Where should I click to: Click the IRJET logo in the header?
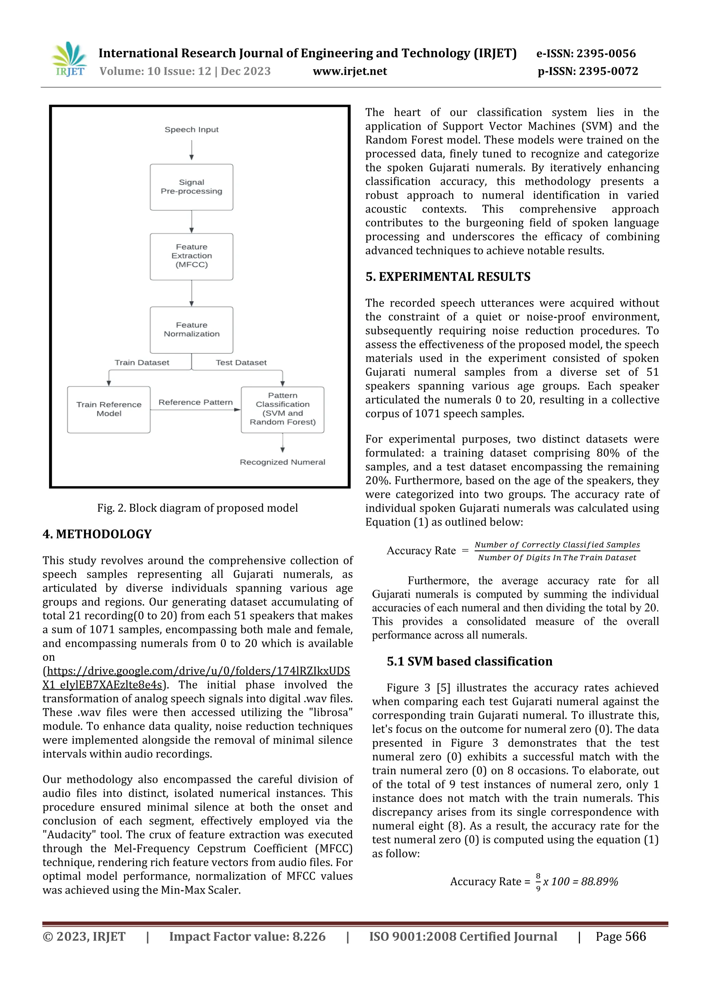pos(69,60)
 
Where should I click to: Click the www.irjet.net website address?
pos(350,71)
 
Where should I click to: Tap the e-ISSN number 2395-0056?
pos(606,53)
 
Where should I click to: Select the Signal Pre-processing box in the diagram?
pos(192,187)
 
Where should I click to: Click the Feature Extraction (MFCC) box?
pos(192,256)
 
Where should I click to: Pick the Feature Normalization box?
pos(192,330)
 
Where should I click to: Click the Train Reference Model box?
pos(109,409)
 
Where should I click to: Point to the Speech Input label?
pos(192,129)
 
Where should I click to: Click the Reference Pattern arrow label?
pos(195,402)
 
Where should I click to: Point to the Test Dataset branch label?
pos(241,362)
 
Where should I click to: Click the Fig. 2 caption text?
pos(197,508)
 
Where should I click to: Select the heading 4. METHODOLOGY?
pos(97,534)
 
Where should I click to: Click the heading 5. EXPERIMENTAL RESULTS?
pos(448,277)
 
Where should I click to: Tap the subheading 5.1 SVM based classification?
pos(470,661)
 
